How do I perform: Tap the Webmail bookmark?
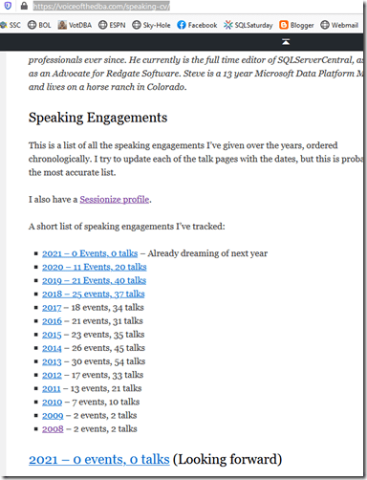(347, 24)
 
